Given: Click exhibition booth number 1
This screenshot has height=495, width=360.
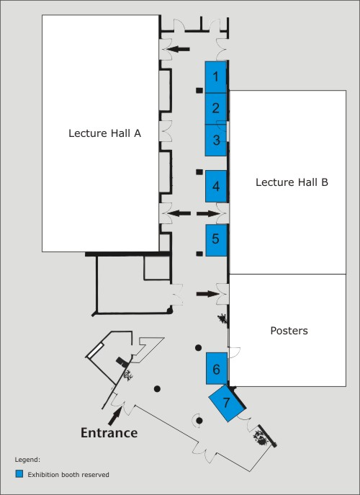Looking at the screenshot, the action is pyautogui.click(x=216, y=77).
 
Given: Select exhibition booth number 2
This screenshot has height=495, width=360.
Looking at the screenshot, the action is pyautogui.click(x=216, y=109).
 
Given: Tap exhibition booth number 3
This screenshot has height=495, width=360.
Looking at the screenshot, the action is pyautogui.click(x=216, y=141).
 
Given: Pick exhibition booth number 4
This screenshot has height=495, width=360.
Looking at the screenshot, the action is pyautogui.click(x=216, y=187).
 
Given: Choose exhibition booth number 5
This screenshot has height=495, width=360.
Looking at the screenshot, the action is pyautogui.click(x=217, y=240).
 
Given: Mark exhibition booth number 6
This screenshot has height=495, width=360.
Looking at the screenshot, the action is pyautogui.click(x=217, y=368).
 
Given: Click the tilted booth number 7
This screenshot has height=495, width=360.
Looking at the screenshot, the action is pyautogui.click(x=227, y=403).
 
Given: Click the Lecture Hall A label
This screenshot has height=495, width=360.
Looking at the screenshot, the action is pyautogui.click(x=104, y=133).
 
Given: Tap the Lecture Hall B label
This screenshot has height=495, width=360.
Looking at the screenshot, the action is pyautogui.click(x=292, y=182).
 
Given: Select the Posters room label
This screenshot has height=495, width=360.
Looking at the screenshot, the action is pyautogui.click(x=289, y=331).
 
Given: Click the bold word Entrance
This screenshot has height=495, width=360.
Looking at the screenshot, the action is pyautogui.click(x=109, y=432).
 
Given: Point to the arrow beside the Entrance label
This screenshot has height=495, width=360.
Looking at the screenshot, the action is pyautogui.click(x=115, y=416).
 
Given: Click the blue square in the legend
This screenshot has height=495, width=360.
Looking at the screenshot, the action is pyautogui.click(x=19, y=474).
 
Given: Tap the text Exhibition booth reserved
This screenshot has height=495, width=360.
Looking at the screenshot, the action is pyautogui.click(x=68, y=475).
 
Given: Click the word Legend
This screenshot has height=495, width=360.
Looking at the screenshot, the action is pyautogui.click(x=27, y=460).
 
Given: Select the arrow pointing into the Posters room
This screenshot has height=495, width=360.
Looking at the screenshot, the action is pyautogui.click(x=207, y=294).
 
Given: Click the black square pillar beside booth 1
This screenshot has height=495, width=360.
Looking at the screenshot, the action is pyautogui.click(x=199, y=91).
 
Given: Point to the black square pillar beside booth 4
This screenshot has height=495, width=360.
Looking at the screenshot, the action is pyautogui.click(x=199, y=172).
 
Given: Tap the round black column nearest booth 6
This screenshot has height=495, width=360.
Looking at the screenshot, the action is pyautogui.click(x=198, y=348).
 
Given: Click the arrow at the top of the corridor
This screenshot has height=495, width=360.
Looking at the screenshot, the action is pyautogui.click(x=178, y=49).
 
